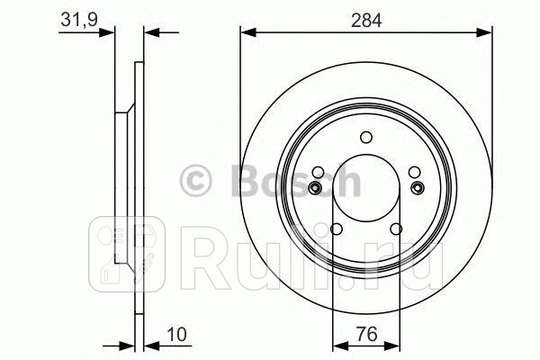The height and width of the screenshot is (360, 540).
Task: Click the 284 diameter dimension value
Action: point(364,17)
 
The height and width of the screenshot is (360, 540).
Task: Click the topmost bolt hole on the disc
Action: point(365,138)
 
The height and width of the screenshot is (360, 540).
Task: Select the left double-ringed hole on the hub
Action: point(316,187)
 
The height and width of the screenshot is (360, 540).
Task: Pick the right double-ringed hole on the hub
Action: point(416,187)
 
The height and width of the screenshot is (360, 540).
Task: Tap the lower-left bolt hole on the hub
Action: point(335,229)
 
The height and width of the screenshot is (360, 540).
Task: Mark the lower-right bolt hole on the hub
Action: point(397,229)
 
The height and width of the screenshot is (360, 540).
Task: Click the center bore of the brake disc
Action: point(365,189)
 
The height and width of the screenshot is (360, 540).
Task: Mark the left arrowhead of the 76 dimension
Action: point(337,345)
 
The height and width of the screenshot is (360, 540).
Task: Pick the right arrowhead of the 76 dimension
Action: point(393,345)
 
